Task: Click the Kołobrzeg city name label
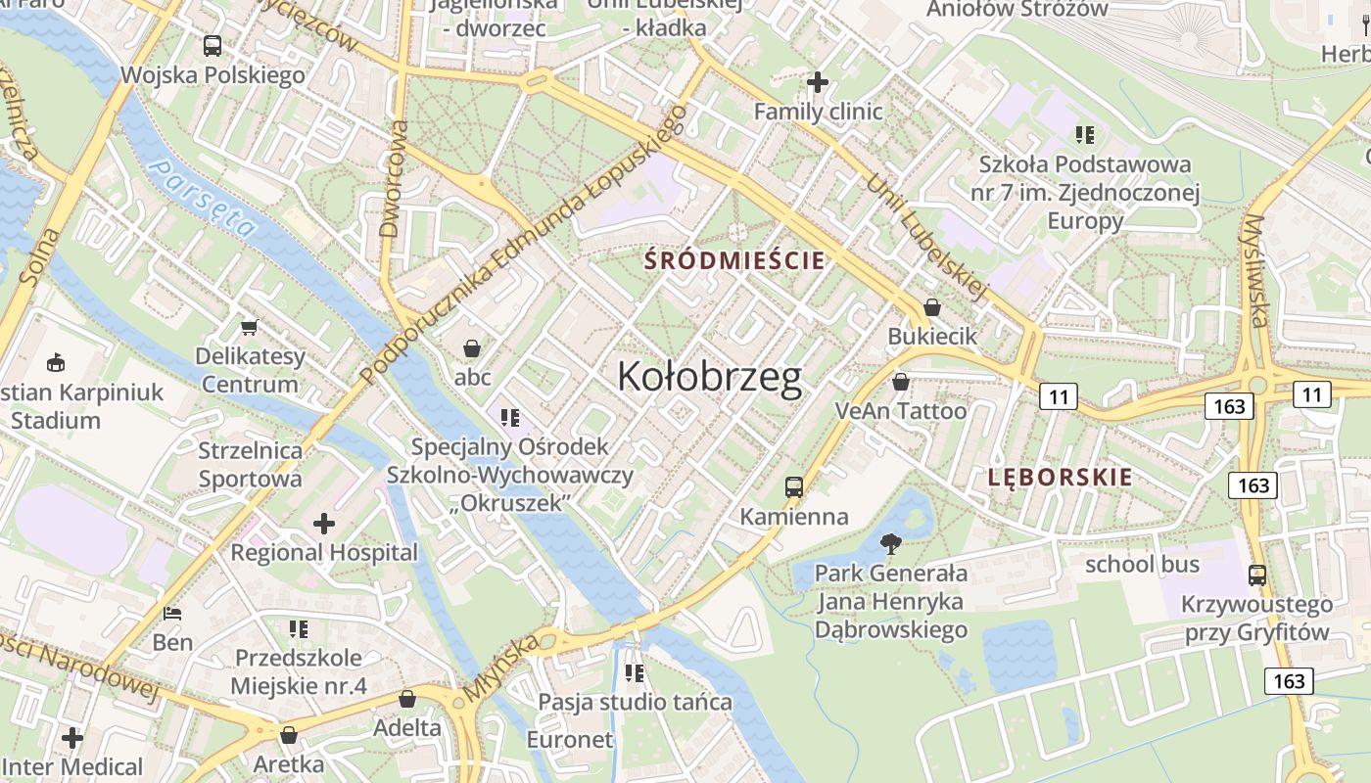click(x=710, y=378)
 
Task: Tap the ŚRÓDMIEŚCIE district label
click(x=734, y=261)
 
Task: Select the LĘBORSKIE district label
click(x=1060, y=478)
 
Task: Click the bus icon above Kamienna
click(x=793, y=486)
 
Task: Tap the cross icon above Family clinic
click(x=818, y=82)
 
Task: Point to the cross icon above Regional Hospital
click(x=323, y=524)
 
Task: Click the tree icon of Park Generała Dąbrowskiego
click(x=890, y=543)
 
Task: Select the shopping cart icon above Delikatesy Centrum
click(x=249, y=327)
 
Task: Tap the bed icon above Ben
click(x=172, y=614)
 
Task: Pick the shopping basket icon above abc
click(x=472, y=348)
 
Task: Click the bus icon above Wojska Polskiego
click(x=212, y=45)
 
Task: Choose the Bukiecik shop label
click(x=931, y=337)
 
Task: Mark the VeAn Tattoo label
click(x=900, y=411)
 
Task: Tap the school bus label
click(x=1142, y=565)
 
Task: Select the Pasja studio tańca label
click(x=635, y=702)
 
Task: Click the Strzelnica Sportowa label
click(x=250, y=465)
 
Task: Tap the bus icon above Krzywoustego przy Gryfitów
click(x=1256, y=576)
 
